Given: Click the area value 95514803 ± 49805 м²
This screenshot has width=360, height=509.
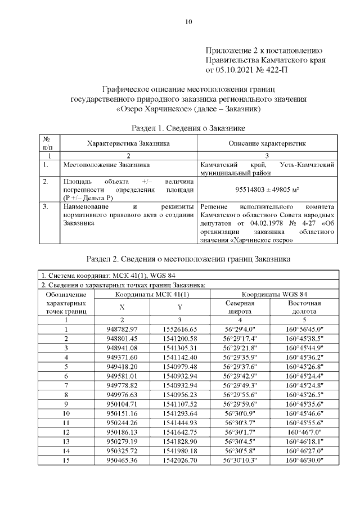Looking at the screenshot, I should pyautogui.click(x=267, y=190).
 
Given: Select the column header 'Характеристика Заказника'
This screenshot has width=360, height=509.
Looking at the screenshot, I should pyautogui.click(x=128, y=143).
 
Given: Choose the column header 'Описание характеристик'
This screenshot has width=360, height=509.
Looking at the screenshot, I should pyautogui.click(x=267, y=143).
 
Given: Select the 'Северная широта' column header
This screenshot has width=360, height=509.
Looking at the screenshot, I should pyautogui.click(x=240, y=307).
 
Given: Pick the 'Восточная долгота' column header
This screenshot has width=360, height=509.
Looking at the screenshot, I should pyautogui.click(x=304, y=307).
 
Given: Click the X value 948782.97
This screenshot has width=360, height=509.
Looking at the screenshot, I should pyautogui.click(x=122, y=329).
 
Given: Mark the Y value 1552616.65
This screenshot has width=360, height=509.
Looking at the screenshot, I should pyautogui.click(x=179, y=329).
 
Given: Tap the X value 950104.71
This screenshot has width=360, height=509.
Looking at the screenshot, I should pyautogui.click(x=122, y=404).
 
